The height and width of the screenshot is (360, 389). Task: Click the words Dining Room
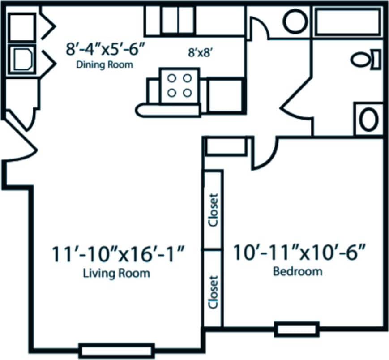click(x=104, y=64)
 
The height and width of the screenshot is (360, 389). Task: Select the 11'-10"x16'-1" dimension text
click(x=118, y=255)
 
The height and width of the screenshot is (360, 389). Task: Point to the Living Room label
click(x=116, y=273)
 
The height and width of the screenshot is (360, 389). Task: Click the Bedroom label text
click(x=297, y=271)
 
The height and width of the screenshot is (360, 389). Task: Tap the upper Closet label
click(x=214, y=210)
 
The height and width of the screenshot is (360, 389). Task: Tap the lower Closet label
click(x=214, y=292)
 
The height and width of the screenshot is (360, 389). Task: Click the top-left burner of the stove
click(x=171, y=78)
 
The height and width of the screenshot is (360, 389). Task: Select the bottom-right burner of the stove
click(x=187, y=93)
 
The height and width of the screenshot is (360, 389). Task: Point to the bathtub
click(x=347, y=21)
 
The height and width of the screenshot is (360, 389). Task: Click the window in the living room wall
click(x=116, y=350)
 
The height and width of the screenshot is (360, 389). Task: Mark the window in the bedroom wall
click(x=297, y=330)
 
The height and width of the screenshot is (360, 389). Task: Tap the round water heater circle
click(x=295, y=21)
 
